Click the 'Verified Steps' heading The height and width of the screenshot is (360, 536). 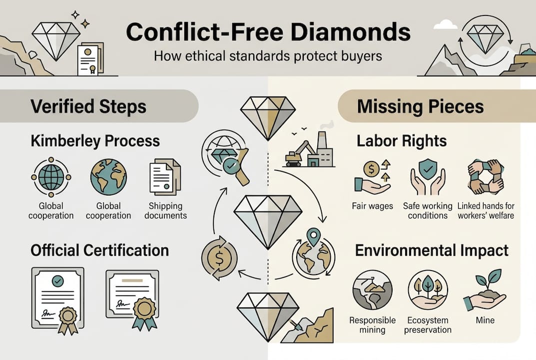pyautogui.click(x=88, y=106)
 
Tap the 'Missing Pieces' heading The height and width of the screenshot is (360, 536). pyautogui.click(x=420, y=106)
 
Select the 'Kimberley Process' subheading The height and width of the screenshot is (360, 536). pyautogui.click(x=95, y=141)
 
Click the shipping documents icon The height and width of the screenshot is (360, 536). pyautogui.click(x=165, y=176)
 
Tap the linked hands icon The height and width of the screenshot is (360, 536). pyautogui.click(x=486, y=177)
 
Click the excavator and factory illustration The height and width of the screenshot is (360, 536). pyautogui.click(x=309, y=150)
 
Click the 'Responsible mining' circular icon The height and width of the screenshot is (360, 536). pyautogui.click(x=372, y=290)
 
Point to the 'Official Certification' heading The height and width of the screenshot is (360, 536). pyautogui.click(x=99, y=250)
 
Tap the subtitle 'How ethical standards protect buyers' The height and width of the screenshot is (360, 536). pyautogui.click(x=268, y=55)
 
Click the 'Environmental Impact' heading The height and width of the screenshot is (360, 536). pyautogui.click(x=432, y=250)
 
